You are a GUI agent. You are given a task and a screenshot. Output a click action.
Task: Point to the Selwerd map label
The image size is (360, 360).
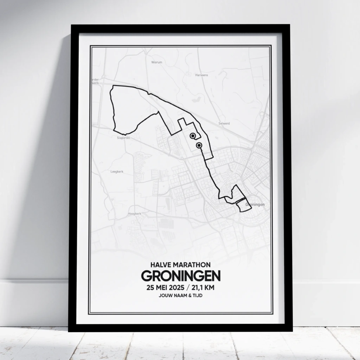tap(224, 123)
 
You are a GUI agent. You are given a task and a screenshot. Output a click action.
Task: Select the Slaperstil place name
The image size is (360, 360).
tap(123, 138)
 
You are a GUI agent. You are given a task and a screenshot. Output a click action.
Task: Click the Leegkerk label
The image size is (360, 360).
tap(117, 172)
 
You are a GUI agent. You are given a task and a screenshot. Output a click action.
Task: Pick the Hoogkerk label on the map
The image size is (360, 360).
tap(135, 213)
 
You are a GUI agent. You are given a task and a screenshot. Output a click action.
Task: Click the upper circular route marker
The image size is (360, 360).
tap(192, 136)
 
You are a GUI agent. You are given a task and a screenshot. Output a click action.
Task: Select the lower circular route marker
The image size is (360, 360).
tap(199, 145)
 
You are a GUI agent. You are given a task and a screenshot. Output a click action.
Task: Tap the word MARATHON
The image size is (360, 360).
tap(192, 264)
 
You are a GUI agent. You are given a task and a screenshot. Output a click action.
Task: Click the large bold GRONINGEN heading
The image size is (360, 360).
tap(181, 276)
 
